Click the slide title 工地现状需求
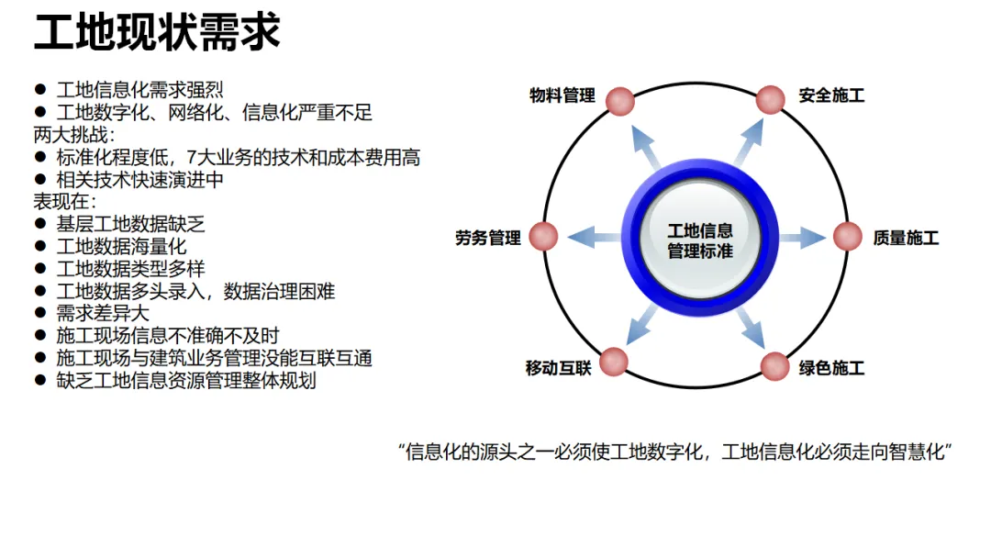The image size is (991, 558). pyautogui.click(x=157, y=32)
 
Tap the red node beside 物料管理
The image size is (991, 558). pyautogui.click(x=620, y=100)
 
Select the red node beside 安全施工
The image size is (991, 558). pyautogui.click(x=774, y=100)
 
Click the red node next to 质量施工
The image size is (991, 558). pyautogui.click(x=848, y=237)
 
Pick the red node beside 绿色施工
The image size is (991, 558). pyautogui.click(x=775, y=367)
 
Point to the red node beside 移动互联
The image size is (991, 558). pyautogui.click(x=614, y=361)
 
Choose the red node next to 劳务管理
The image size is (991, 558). pyautogui.click(x=544, y=237)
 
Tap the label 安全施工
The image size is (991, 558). pyautogui.click(x=831, y=95)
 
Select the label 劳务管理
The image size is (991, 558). pyautogui.click(x=488, y=239)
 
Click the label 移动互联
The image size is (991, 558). pyautogui.click(x=559, y=369)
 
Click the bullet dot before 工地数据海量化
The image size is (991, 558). pyautogui.click(x=39, y=247)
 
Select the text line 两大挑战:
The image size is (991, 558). pyautogui.click(x=70, y=136)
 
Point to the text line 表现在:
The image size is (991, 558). pyautogui.click(x=64, y=202)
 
